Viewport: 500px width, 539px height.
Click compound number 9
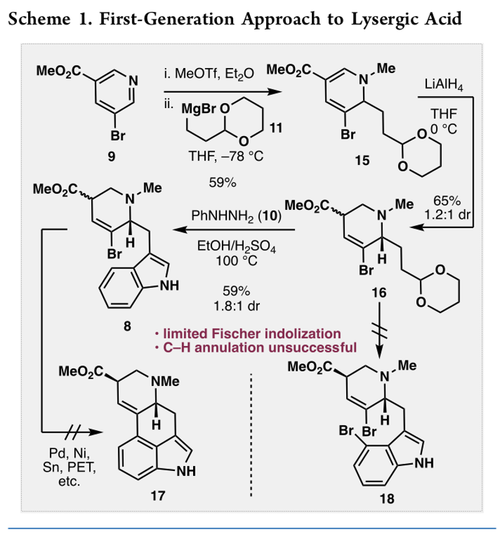pyautogui.click(x=111, y=157)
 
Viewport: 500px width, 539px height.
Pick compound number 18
pyautogui.click(x=387, y=499)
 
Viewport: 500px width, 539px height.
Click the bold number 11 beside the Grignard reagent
pyautogui.click(x=275, y=129)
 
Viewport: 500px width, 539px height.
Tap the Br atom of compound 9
pyautogui.click(x=111, y=134)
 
